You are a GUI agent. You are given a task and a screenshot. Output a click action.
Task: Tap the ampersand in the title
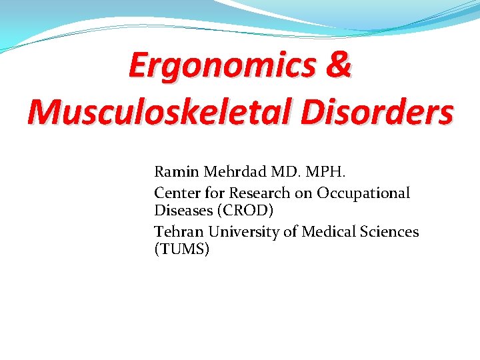(339, 66)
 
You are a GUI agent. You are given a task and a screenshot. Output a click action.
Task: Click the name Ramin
(177, 171)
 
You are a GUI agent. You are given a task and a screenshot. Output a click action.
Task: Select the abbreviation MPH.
(325, 171)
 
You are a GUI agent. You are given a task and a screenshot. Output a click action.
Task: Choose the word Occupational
(363, 193)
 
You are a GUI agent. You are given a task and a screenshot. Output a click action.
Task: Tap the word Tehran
(179, 232)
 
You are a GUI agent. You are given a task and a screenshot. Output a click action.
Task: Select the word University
(245, 232)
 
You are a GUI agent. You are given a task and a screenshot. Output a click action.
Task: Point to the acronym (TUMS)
(181, 249)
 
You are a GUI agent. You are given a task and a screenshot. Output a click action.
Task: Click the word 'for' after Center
(215, 193)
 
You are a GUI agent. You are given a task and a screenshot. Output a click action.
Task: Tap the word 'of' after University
(292, 232)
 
